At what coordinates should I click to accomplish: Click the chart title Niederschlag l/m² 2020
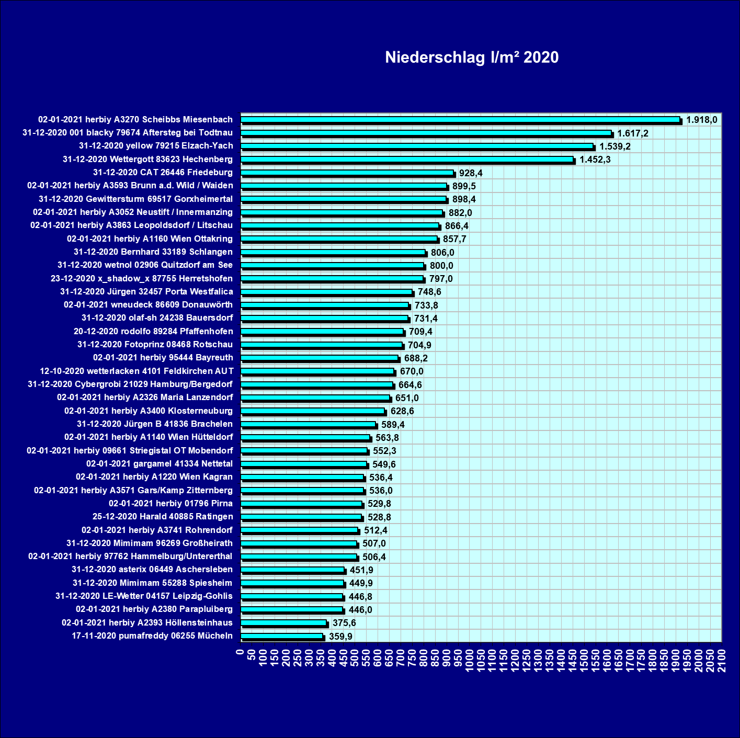point(472,57)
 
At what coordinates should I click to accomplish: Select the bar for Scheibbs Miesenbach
point(460,120)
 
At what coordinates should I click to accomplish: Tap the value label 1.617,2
point(633,133)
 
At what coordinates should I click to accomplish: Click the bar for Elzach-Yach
point(417,146)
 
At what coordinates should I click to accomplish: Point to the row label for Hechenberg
point(147,159)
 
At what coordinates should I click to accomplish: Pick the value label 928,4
point(471,173)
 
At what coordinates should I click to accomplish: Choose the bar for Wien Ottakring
point(339,239)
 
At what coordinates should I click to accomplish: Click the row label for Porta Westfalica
point(146,291)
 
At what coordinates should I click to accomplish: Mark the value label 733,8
point(426,305)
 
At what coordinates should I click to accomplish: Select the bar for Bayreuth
point(320,358)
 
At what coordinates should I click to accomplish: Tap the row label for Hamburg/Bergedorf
point(130,384)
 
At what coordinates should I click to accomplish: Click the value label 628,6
point(402,411)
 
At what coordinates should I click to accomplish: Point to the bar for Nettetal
point(304,464)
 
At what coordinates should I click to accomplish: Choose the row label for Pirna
point(170,503)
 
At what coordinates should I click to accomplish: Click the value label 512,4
point(375,530)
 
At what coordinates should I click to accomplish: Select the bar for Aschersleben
point(292,570)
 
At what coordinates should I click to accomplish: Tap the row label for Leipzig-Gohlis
point(144,596)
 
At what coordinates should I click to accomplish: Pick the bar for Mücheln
point(282,636)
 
